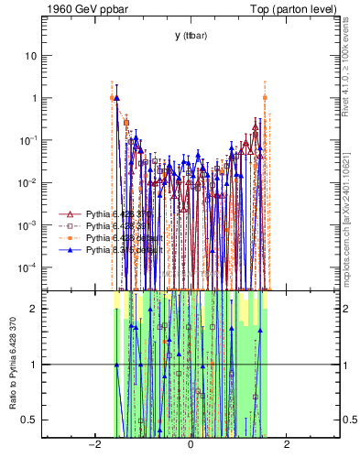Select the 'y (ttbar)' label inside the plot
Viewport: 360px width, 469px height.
(x=190, y=36)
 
